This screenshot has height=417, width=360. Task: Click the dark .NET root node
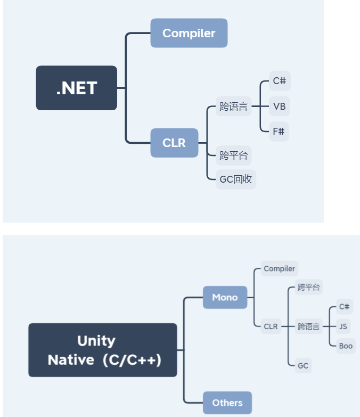click(76, 88)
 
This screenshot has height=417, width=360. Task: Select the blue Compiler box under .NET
click(189, 33)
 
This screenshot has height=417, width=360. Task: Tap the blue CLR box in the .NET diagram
click(174, 143)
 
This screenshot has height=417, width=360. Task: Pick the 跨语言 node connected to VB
click(234, 107)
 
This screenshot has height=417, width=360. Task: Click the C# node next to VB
click(279, 81)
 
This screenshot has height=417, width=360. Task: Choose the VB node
click(279, 107)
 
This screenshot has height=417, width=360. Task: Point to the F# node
click(279, 131)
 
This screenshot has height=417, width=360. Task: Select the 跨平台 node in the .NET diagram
click(234, 156)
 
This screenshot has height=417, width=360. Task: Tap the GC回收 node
click(236, 179)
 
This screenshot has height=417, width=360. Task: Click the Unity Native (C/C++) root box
click(103, 350)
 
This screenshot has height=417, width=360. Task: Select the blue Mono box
click(225, 297)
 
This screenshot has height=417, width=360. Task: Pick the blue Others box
click(227, 403)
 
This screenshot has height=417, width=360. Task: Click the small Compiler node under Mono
click(279, 269)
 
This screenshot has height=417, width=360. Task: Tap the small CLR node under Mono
click(271, 326)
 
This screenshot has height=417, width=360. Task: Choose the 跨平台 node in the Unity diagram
click(309, 288)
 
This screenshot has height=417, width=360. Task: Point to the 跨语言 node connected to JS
click(309, 326)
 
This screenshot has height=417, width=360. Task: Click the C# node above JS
click(345, 307)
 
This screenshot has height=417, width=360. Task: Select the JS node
click(344, 326)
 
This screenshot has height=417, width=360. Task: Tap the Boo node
click(346, 346)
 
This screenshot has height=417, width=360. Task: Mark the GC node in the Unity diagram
click(303, 365)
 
